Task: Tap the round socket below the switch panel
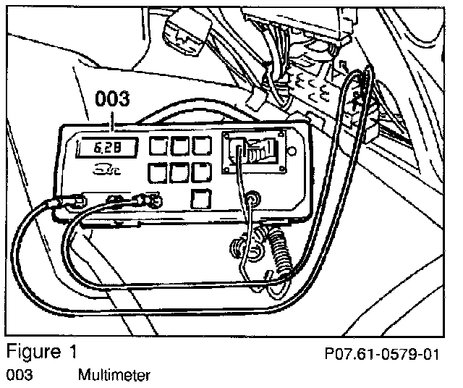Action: pyautogui.click(x=253, y=196)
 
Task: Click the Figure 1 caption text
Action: pyautogui.click(x=41, y=352)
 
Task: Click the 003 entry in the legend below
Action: pyautogui.click(x=18, y=375)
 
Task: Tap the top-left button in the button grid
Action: pyautogui.click(x=157, y=147)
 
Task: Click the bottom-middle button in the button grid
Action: pyautogui.click(x=178, y=172)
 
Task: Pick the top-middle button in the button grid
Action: pyautogui.click(x=178, y=147)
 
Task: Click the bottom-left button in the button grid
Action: pyautogui.click(x=157, y=172)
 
